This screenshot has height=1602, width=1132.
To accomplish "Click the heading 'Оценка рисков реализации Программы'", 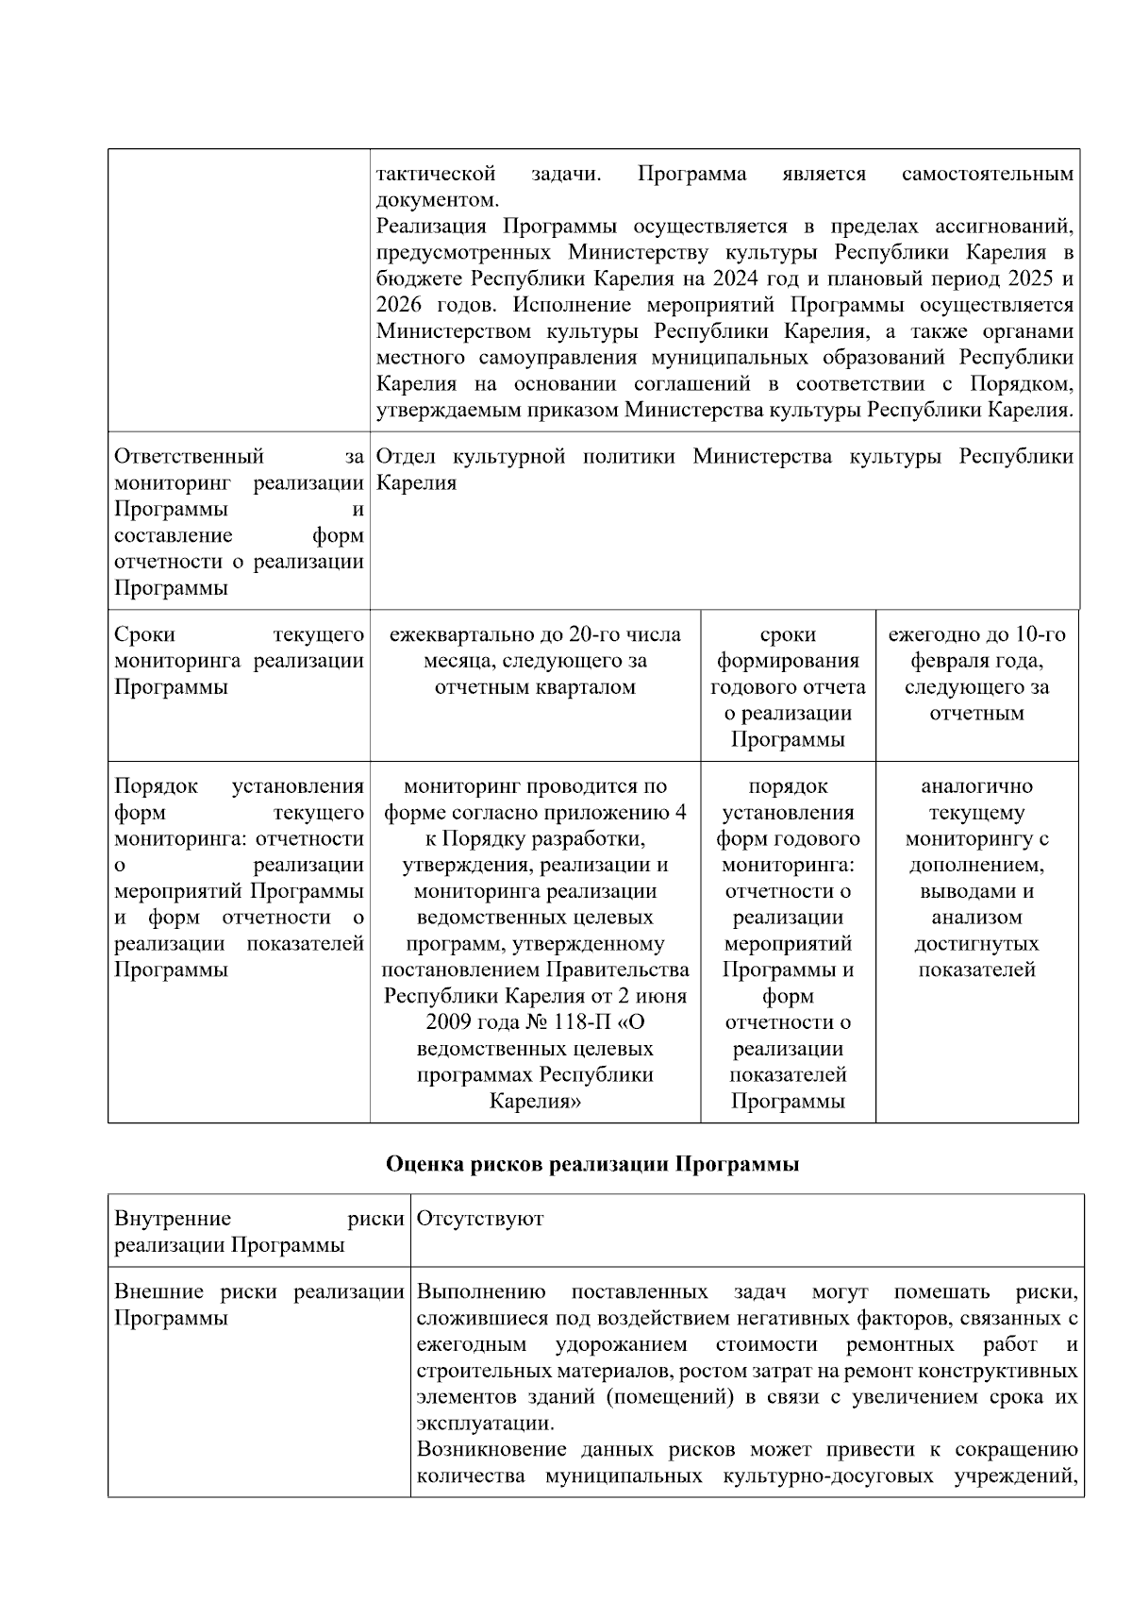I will click(x=592, y=1164).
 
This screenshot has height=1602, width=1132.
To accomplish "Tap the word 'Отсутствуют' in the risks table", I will click(x=479, y=1219).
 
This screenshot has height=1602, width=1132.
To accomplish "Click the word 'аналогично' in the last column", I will click(x=976, y=786).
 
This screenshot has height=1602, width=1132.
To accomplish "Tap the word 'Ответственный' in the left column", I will click(x=189, y=457).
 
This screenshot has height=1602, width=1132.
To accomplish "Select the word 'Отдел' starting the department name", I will click(x=404, y=457).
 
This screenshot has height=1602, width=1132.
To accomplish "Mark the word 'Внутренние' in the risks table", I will click(x=172, y=1219).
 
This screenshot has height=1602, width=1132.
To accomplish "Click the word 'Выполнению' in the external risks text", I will click(x=481, y=1291).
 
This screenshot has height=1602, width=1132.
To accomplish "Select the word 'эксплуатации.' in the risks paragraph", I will click(x=485, y=1424).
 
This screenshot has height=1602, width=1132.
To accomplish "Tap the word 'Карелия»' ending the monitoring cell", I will click(x=535, y=1101).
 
